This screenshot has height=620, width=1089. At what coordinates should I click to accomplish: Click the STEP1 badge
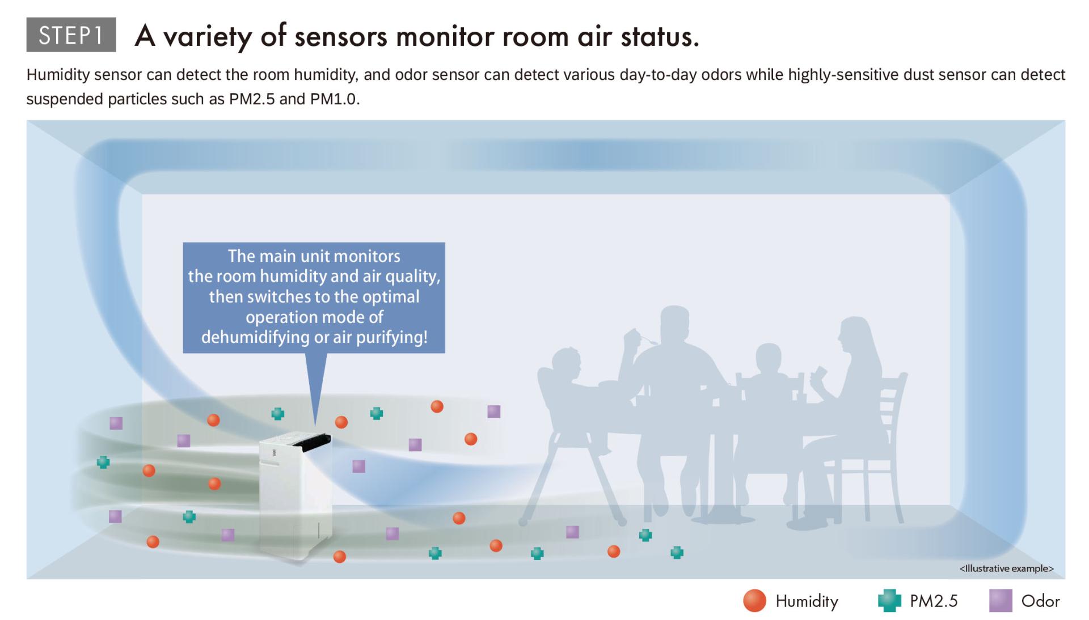(71, 35)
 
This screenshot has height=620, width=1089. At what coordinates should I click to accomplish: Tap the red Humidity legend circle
(754, 601)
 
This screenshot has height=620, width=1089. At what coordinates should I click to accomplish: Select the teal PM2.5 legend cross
(889, 601)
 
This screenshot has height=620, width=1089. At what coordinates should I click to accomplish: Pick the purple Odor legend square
(1001, 601)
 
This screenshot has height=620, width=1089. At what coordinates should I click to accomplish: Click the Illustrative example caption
(1007, 568)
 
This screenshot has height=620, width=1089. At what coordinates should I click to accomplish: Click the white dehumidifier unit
(295, 496)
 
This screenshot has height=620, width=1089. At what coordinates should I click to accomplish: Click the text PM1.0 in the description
(334, 99)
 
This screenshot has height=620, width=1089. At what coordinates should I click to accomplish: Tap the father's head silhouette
(674, 326)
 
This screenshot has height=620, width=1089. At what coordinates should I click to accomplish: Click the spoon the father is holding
(647, 339)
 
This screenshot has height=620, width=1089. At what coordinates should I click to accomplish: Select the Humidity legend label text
(807, 601)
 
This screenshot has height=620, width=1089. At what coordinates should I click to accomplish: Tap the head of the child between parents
(768, 360)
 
